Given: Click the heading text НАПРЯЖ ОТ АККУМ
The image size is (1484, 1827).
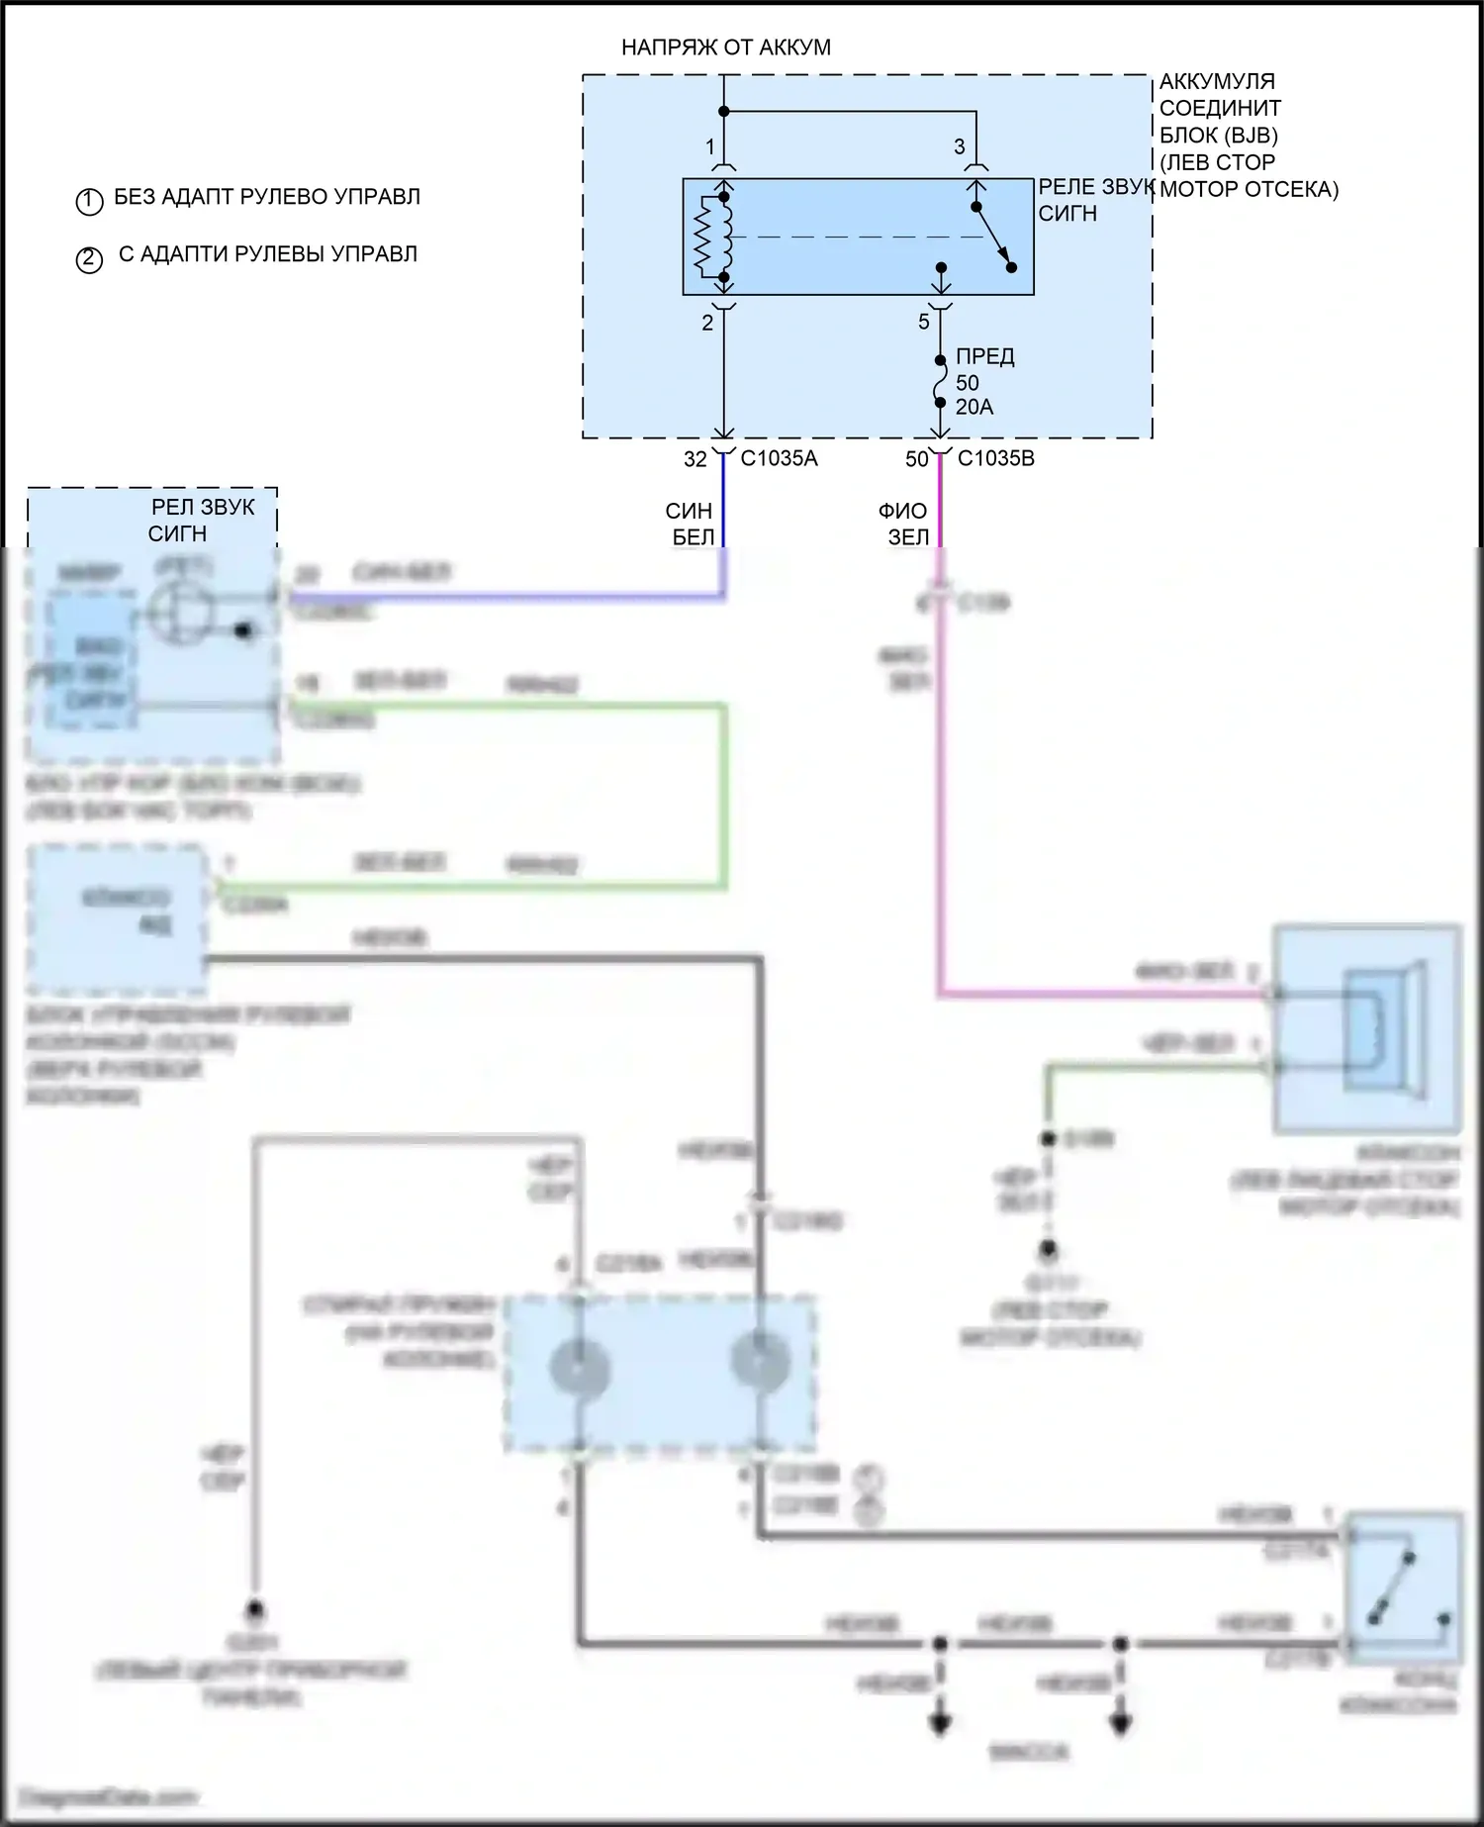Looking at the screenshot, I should pyautogui.click(x=725, y=48).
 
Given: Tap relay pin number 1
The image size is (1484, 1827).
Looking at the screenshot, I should pyautogui.click(x=709, y=147).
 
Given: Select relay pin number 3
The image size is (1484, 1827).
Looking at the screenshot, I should pyautogui.click(x=959, y=147).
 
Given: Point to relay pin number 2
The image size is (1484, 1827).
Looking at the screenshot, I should pyautogui.click(x=707, y=323).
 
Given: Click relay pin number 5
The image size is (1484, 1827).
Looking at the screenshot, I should pyautogui.click(x=924, y=322).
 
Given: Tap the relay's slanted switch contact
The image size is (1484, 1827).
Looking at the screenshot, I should pyautogui.click(x=993, y=237).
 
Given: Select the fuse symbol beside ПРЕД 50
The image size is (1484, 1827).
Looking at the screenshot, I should pyautogui.click(x=940, y=382).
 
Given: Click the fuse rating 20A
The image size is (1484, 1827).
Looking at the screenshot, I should pyautogui.click(x=974, y=407).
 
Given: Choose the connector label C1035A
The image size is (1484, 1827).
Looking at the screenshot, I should pyautogui.click(x=780, y=458).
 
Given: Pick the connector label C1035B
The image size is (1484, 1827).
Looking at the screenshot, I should pyautogui.click(x=996, y=458).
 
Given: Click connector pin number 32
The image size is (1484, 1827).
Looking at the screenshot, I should pyautogui.click(x=696, y=459).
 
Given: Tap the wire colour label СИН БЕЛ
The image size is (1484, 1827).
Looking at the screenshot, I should pyautogui.click(x=690, y=524).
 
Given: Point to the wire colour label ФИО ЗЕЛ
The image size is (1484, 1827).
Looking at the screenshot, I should pyautogui.click(x=903, y=524).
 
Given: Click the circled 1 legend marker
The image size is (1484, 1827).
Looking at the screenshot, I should pyautogui.click(x=89, y=201).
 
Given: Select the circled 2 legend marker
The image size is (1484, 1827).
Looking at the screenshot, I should pyautogui.click(x=89, y=259).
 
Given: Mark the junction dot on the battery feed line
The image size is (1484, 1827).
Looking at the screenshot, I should pyautogui.click(x=724, y=111).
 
